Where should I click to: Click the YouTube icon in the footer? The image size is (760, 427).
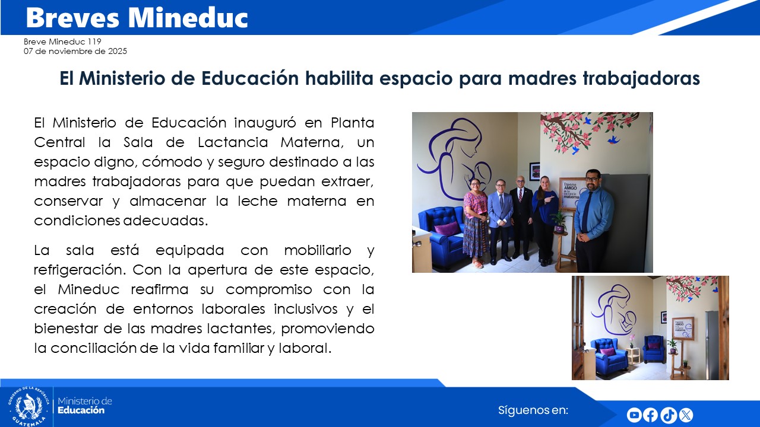coord(634,415)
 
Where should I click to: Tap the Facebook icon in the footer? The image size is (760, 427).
coord(651,415)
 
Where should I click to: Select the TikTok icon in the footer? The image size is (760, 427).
coord(668,415)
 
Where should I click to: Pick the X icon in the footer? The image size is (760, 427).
coord(686,415)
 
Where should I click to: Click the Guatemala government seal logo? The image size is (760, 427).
coord(28,407)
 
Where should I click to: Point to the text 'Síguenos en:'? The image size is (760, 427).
coord(533,410)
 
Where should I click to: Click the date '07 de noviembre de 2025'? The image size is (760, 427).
coord(75,51)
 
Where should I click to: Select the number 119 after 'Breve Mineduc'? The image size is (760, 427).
coord(94,42)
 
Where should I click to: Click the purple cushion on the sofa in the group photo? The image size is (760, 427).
coord(446,228)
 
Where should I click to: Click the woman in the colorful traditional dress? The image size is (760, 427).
coord(476,222)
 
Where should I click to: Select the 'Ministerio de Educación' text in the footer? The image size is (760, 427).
coord(84,406)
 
